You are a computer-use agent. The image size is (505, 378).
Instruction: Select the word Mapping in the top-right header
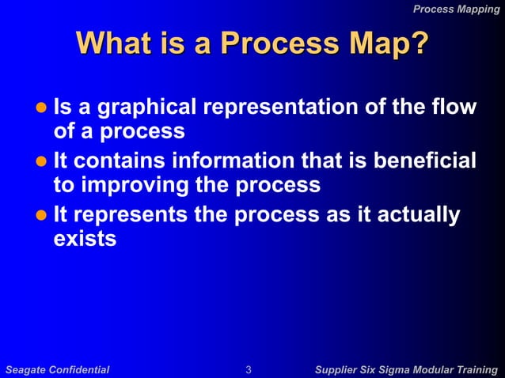point(479,9)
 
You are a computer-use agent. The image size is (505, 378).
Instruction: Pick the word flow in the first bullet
point(456,107)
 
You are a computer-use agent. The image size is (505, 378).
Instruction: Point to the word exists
point(85,238)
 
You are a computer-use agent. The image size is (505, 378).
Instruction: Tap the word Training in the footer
point(476,369)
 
